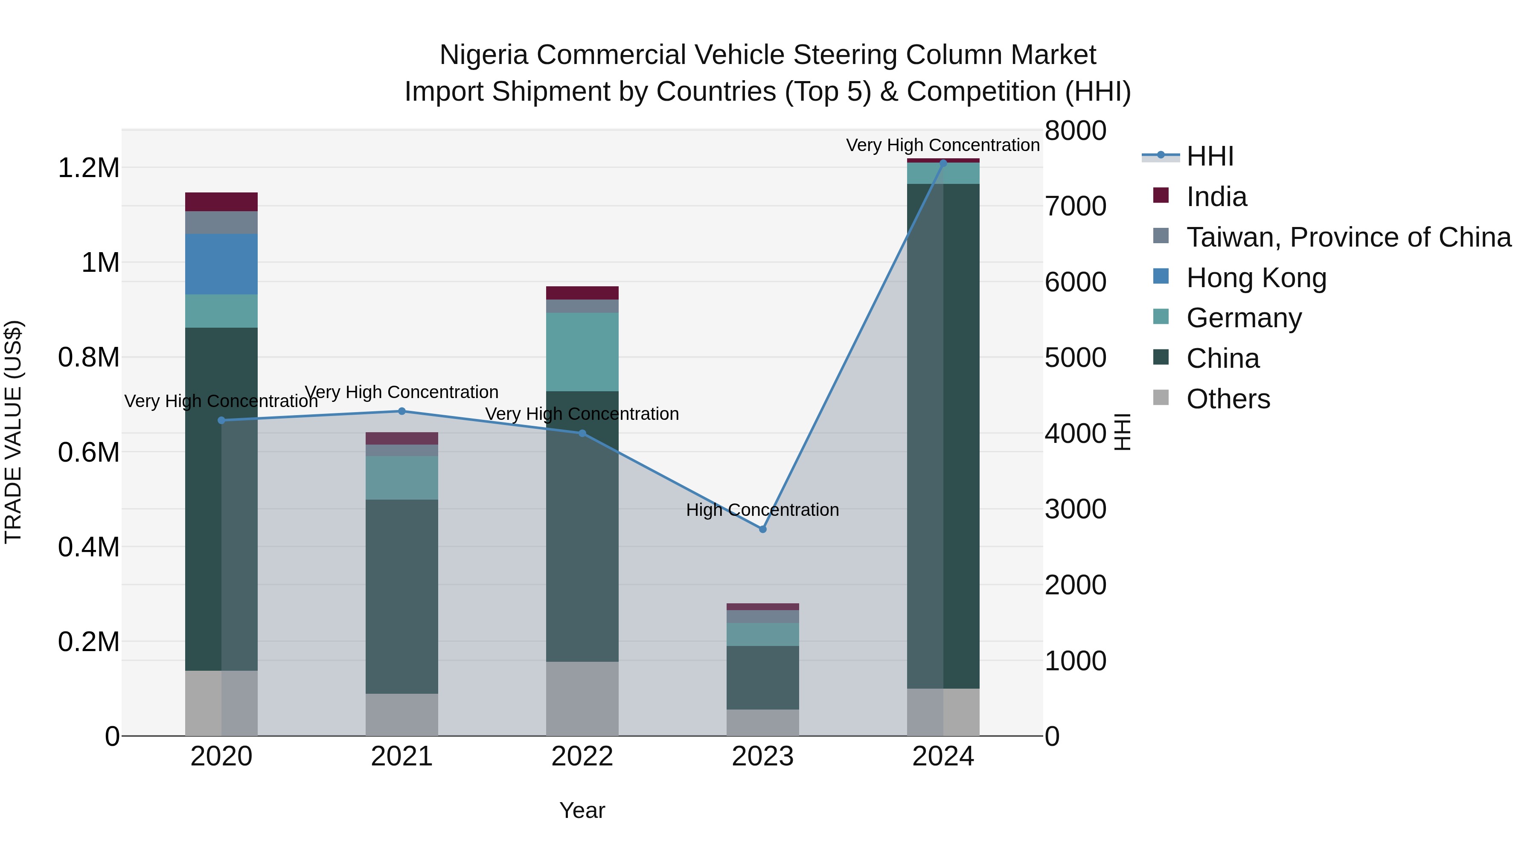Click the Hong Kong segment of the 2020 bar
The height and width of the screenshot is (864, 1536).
[x=221, y=264]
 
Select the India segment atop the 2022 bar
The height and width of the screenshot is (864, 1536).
[x=582, y=293]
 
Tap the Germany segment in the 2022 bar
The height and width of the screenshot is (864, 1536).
[x=582, y=352]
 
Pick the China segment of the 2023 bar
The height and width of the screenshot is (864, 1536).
[x=762, y=678]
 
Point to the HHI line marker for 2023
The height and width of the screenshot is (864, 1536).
[x=762, y=529]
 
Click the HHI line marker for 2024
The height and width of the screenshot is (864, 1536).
[x=943, y=163]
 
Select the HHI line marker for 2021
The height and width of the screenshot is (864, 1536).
[x=401, y=411]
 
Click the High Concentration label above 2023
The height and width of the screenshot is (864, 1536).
[x=762, y=510]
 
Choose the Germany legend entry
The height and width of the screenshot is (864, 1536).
[x=1244, y=318]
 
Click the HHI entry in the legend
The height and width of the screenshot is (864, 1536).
[x=1209, y=156]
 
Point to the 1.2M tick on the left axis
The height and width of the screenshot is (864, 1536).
[x=88, y=168]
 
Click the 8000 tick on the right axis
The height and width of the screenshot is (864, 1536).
[x=1075, y=131]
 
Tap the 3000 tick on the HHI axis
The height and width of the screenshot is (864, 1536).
[x=1075, y=509]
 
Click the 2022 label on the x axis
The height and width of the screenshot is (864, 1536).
[x=582, y=756]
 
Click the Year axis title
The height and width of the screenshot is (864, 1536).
[x=582, y=810]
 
